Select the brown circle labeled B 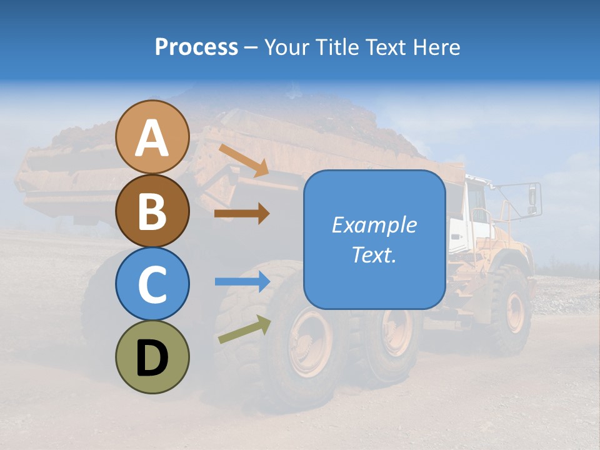tap(152, 211)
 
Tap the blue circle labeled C tap(152, 284)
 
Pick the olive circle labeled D tap(152, 357)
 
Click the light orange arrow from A tap(243, 160)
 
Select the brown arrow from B tap(241, 214)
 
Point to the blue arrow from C tap(242, 282)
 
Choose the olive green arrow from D tap(244, 329)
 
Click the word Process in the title tap(196, 47)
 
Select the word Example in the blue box tap(374, 225)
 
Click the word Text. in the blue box tap(374, 254)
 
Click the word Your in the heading tap(285, 47)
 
